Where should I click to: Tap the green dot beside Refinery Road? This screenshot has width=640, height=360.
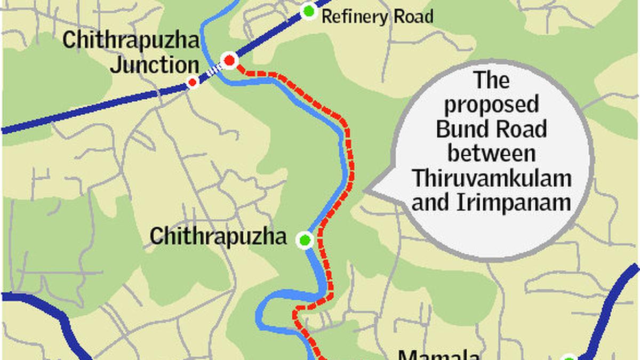coord(308,11)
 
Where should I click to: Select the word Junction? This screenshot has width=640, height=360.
coord(155,65)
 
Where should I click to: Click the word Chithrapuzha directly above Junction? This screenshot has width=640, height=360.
coord(131,41)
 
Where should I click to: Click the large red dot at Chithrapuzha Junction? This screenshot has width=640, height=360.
coord(229,60)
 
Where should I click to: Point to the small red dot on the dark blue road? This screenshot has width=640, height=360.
coord(193,82)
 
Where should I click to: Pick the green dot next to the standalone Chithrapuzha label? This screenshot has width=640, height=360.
coord(305,240)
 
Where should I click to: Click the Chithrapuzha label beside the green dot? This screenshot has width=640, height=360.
coord(218,236)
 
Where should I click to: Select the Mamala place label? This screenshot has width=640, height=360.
coord(439,354)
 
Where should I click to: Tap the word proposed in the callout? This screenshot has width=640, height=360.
coord(491,105)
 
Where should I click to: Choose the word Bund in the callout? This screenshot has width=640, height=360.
coord(461,130)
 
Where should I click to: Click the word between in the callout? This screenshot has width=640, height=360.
coord(491,154)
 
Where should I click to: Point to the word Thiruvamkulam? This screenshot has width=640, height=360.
coord(491,178)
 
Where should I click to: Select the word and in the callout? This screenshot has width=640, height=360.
coord(429,203)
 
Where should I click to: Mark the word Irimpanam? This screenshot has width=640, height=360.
coord(511,203)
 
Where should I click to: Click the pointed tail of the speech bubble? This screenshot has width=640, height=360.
coord(366,190)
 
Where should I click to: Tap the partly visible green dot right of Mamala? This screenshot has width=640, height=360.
coord(569,357)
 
